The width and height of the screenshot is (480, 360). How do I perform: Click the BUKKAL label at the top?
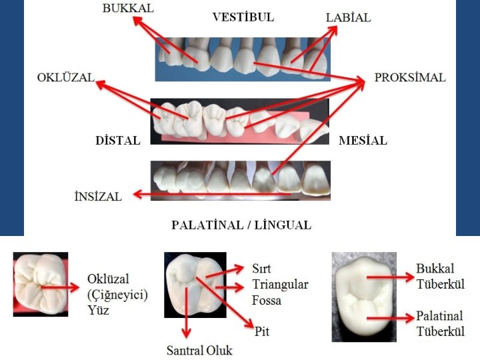(x=128, y=8)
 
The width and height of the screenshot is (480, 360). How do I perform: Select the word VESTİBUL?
(x=243, y=17)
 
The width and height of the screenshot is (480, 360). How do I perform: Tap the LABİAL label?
(x=348, y=18)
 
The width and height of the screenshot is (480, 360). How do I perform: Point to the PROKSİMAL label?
(x=409, y=77)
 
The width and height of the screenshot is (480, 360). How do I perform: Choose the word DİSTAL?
(x=118, y=141)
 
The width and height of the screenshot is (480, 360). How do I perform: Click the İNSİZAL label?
(x=97, y=197)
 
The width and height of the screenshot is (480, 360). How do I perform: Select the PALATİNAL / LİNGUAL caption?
(x=241, y=225)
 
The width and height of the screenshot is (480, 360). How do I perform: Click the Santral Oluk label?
(x=199, y=350)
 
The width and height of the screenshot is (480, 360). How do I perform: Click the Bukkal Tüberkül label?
(x=441, y=276)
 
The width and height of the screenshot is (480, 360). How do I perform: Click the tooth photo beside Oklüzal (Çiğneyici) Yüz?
(x=41, y=284)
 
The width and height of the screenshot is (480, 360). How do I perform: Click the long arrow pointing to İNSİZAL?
(x=207, y=195)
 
